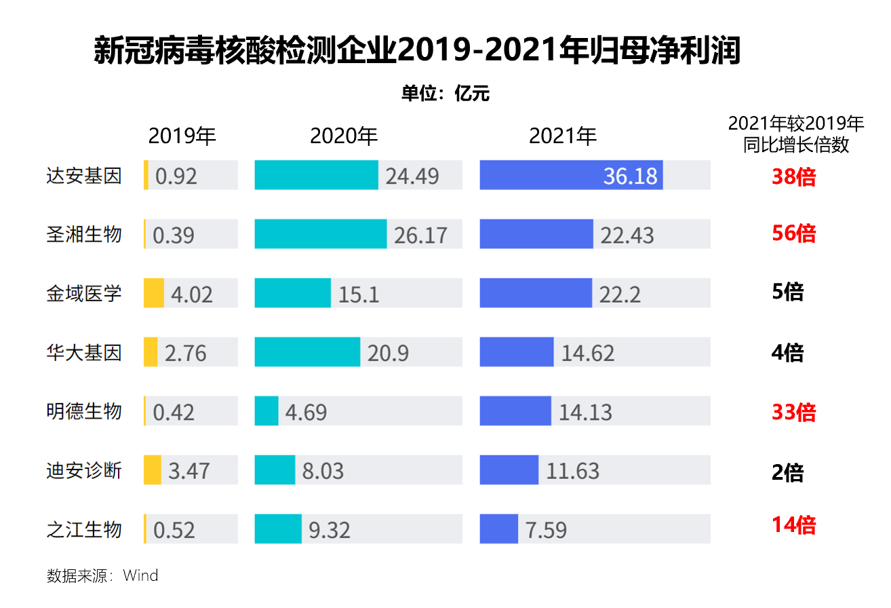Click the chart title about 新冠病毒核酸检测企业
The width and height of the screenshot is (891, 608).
[417, 52]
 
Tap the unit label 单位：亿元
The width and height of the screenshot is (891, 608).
[445, 94]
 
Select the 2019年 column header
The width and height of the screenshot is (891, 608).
[182, 136]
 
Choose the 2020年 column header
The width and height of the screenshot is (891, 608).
[344, 136]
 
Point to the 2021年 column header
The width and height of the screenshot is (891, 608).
[563, 136]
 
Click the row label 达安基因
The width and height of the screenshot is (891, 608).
[84, 176]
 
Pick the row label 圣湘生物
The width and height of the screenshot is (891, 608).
[84, 234]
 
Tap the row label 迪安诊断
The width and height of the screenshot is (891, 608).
[84, 470]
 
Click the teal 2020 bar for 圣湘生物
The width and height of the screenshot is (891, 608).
[320, 234]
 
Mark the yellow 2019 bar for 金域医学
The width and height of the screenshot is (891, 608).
[154, 293]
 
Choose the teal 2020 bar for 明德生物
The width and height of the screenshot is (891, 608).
[266, 411]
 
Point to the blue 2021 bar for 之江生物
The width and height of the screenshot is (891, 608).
[498, 529]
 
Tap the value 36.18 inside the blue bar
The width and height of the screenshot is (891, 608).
[630, 176]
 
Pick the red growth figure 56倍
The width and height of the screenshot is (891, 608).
[793, 233]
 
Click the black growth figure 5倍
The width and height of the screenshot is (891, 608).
[788, 292]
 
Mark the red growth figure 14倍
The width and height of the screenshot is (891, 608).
[793, 525]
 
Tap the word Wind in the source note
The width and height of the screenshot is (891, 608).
[140, 576]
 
